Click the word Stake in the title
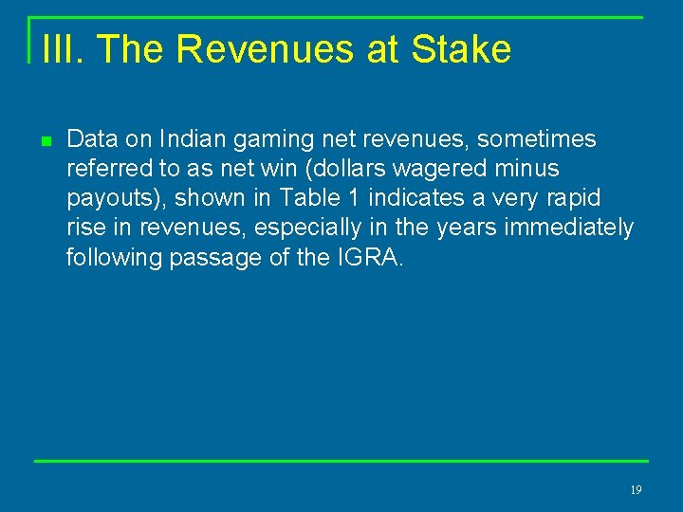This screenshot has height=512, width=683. (461, 49)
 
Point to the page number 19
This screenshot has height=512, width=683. (636, 490)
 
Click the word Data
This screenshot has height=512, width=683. (93, 139)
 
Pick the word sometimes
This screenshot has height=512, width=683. (537, 139)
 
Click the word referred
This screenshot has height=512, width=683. (104, 169)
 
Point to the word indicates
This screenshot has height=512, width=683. (410, 198)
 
